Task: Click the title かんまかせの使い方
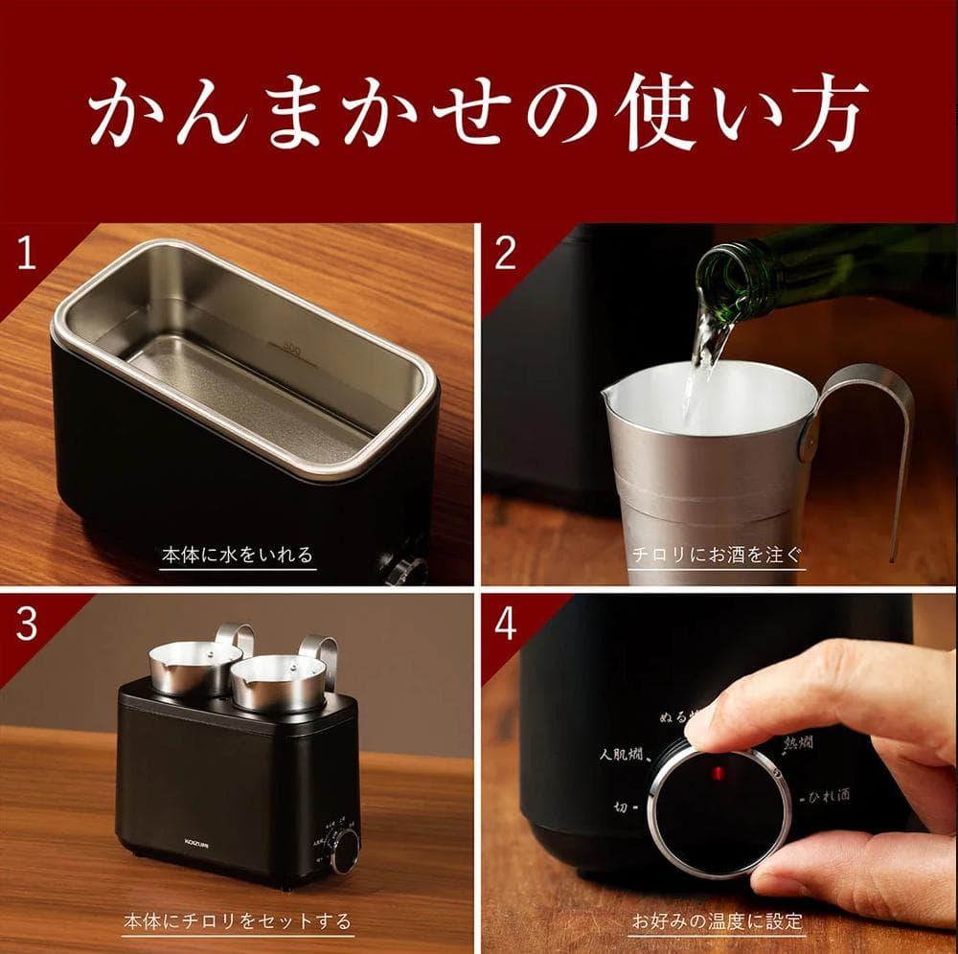[x=479, y=113]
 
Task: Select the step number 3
[x=26, y=623]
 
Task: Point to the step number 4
[x=505, y=623]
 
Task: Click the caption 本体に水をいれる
[x=237, y=555]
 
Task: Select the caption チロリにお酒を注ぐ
[x=717, y=555]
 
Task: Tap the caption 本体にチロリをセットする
[x=238, y=922]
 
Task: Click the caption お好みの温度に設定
[x=717, y=922]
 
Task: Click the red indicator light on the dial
[x=717, y=772]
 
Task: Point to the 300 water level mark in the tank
[x=292, y=352]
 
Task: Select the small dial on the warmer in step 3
[x=344, y=848]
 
